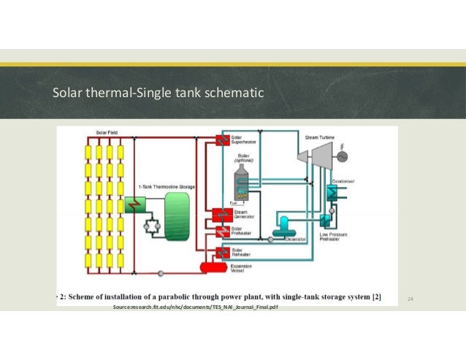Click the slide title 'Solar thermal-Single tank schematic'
158,93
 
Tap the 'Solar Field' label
107,132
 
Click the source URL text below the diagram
196,309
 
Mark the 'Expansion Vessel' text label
242,269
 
